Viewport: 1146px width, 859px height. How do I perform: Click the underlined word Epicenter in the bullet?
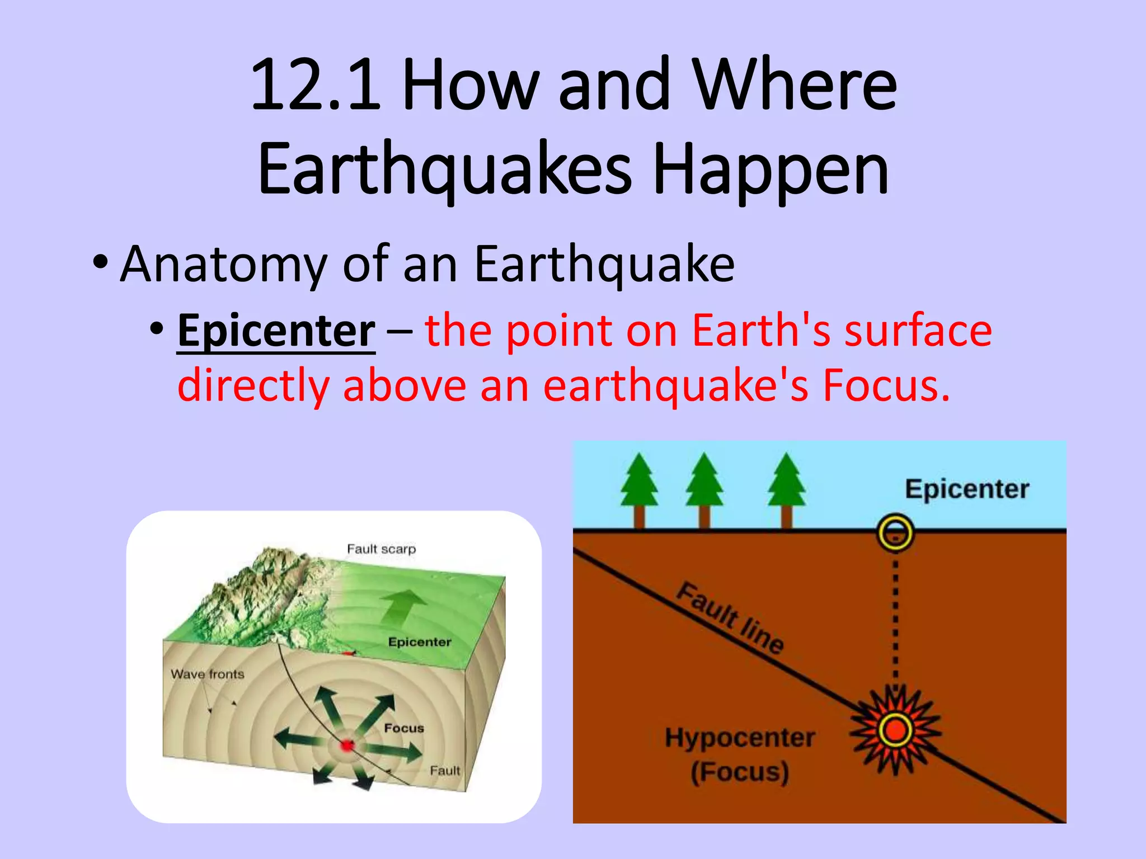pos(276,331)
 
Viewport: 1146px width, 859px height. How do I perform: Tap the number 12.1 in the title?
pos(315,85)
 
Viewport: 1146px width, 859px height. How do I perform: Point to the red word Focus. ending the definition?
pos(886,386)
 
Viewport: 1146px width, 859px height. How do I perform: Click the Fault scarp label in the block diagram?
pos(381,549)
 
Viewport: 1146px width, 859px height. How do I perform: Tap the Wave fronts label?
pos(207,674)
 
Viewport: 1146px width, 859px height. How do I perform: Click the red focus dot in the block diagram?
pos(347,745)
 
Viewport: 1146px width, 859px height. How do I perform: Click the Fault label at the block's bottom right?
pos(444,771)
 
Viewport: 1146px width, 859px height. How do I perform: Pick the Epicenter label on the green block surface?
pos(419,642)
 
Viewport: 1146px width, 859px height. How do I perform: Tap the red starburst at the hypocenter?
pos(895,730)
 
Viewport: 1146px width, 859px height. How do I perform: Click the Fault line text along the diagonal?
pos(730,617)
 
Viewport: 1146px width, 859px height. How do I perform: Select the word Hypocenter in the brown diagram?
pos(740,738)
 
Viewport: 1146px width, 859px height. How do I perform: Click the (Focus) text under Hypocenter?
pos(740,772)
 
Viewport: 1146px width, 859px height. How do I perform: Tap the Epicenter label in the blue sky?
pos(967,489)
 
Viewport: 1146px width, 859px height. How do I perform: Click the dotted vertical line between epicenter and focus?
pos(895,615)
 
